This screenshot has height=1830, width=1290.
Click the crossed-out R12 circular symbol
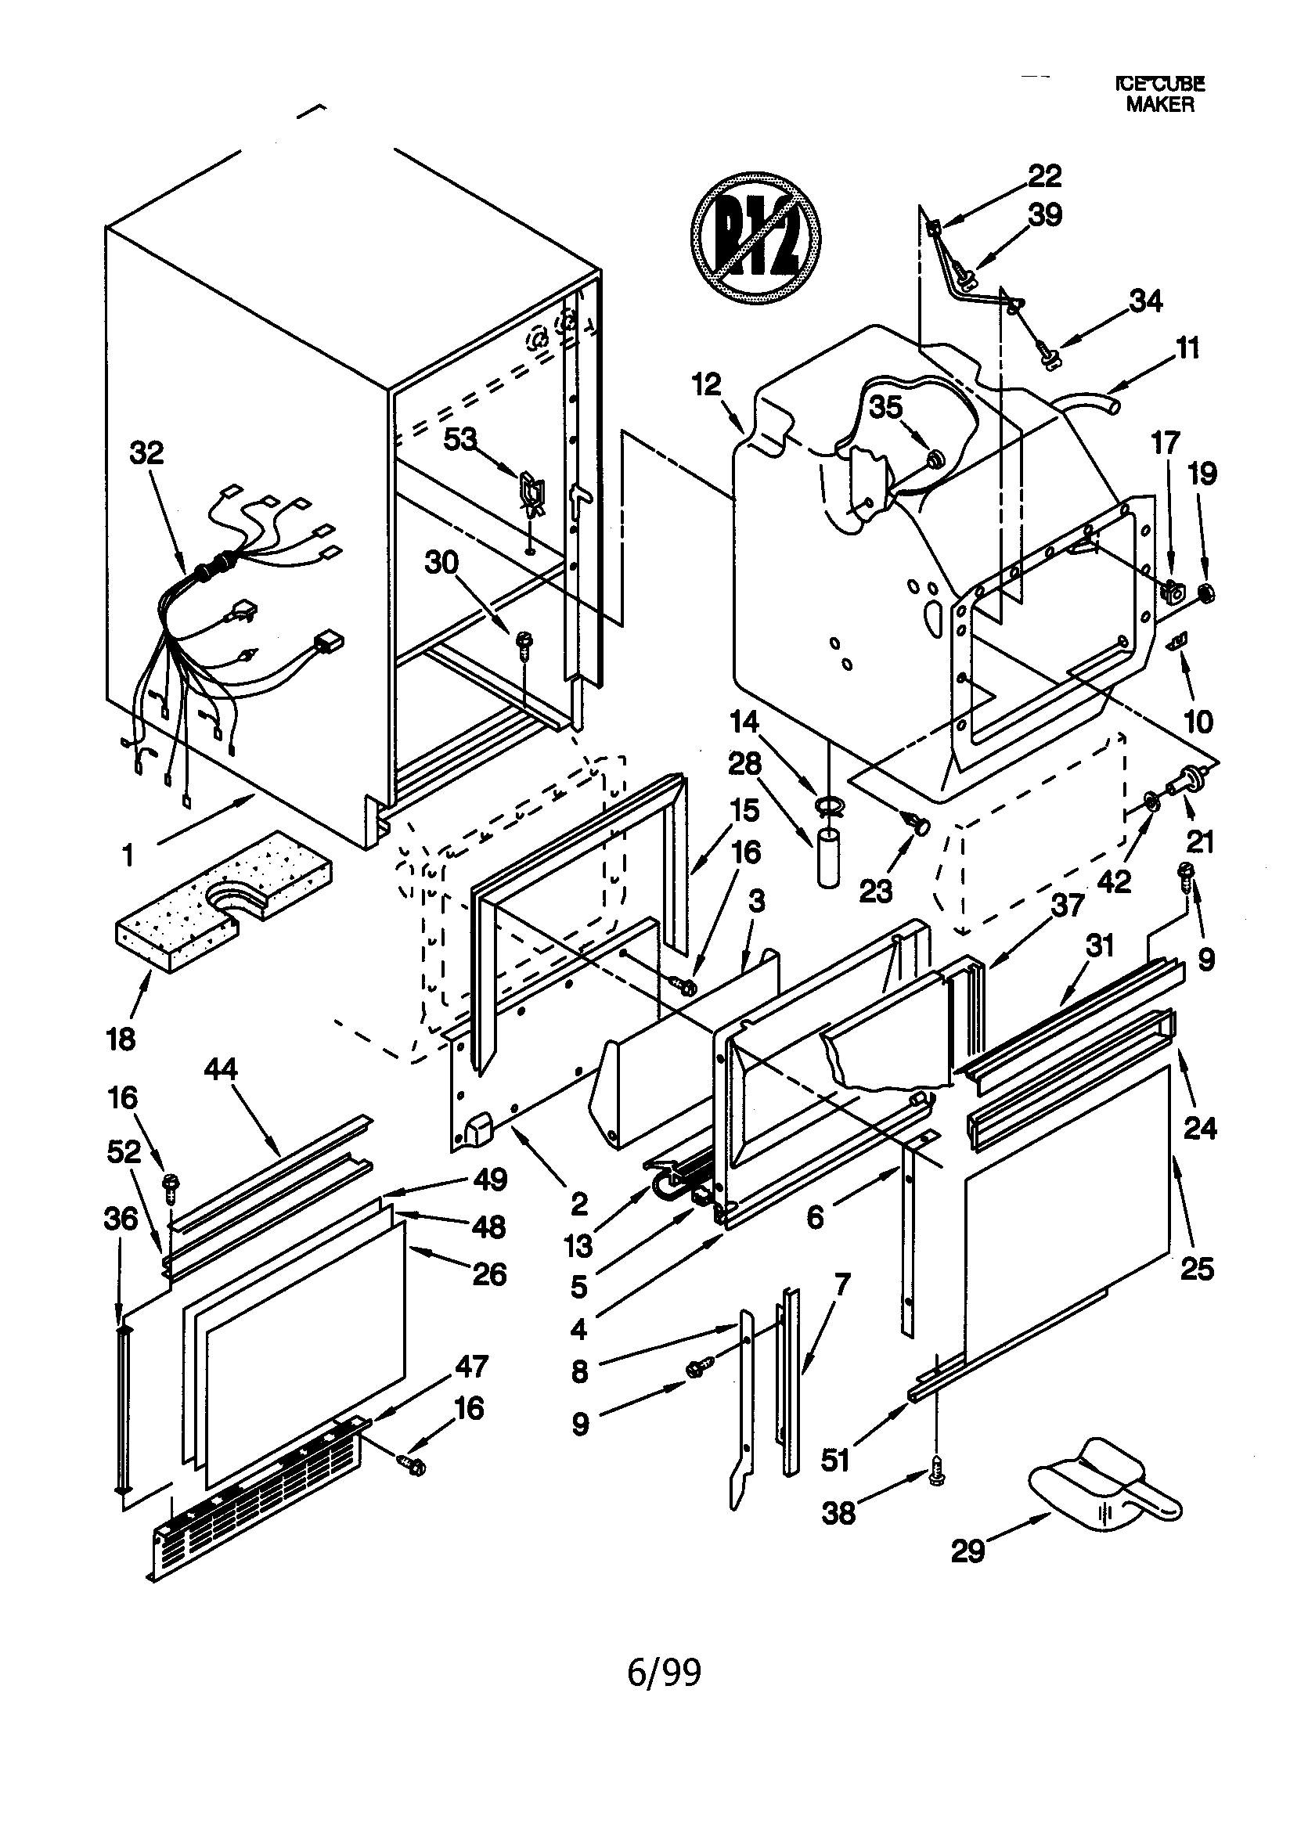(x=755, y=236)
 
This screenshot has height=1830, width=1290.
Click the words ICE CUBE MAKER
(x=1159, y=94)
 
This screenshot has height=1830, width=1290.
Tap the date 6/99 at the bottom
(x=664, y=1672)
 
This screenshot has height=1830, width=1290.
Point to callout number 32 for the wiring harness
(x=146, y=452)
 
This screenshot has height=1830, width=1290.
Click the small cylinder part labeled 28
(x=827, y=858)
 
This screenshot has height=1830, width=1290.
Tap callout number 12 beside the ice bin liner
(x=705, y=384)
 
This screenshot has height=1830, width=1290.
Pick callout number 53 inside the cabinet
(x=460, y=438)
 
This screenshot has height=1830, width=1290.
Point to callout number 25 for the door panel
(x=1196, y=1268)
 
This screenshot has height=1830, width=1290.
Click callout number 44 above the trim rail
(x=221, y=1068)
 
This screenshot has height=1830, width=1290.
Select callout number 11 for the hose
(x=1188, y=348)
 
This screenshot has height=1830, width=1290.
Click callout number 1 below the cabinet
(x=128, y=856)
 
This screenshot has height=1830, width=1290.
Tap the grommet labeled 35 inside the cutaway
(x=936, y=459)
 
